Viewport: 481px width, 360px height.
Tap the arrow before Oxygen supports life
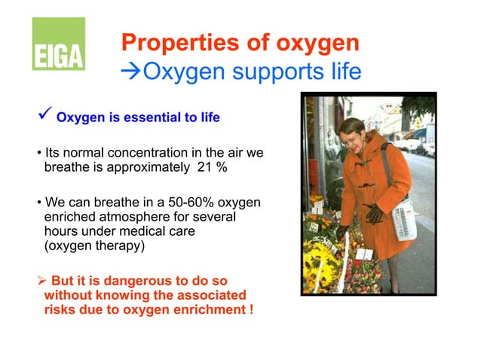click(x=130, y=73)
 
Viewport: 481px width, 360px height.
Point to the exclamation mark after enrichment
click(x=250, y=310)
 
